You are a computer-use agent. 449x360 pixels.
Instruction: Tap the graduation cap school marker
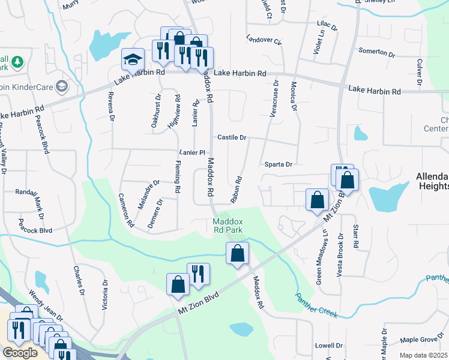point(133,60)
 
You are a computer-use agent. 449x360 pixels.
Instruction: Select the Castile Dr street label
point(232,137)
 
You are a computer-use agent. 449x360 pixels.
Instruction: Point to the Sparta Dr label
point(278,164)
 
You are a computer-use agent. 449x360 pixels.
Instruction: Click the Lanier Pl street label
point(193,152)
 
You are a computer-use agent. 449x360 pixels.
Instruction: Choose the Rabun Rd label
point(238,188)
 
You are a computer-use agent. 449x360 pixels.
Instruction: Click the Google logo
point(20,352)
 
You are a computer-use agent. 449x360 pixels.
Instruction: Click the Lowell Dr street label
point(328,346)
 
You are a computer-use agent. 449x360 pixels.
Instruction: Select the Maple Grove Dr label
point(419,340)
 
